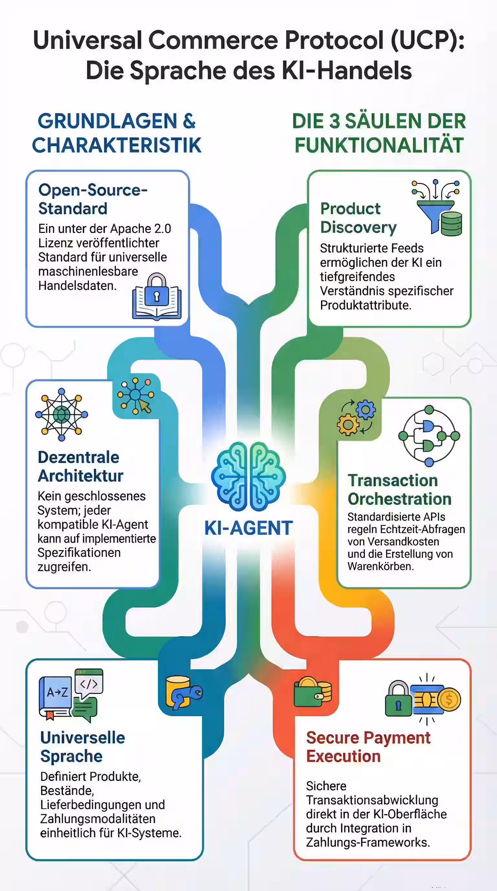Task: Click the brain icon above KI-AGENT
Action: pos(248,476)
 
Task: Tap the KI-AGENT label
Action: pos(248,528)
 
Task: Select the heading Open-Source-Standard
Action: pos(93,199)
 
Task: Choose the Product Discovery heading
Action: pos(358,218)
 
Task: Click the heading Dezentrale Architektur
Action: pos(80,467)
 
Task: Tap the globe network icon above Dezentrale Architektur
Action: pos(61,414)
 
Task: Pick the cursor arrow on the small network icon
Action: pos(145,406)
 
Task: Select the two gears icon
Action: pos(356,417)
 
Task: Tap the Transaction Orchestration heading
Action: pos(399,490)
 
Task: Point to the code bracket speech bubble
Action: pos(89,683)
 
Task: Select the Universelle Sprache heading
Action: pos(82,747)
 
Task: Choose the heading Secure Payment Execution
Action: pos(368,747)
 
